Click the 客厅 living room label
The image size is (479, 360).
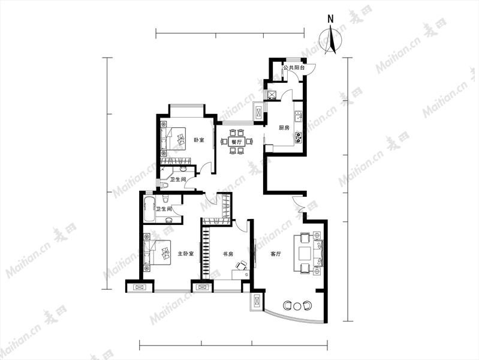tap(276, 254)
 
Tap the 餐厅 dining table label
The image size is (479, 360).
tap(236, 142)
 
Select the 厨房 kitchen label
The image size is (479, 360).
tap(284, 128)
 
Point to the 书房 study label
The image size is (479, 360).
tap(228, 254)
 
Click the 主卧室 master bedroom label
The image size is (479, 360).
tap(186, 254)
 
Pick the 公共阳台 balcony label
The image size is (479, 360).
tap(294, 68)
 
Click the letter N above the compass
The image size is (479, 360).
tap(330, 19)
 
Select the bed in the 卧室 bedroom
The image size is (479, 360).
tap(173, 139)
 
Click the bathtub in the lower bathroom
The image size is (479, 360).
tap(149, 210)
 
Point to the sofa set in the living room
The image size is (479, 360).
tap(308, 253)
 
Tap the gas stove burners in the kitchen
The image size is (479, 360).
tap(299, 137)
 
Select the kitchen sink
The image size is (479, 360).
tap(299, 116)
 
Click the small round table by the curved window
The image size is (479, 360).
tap(297, 305)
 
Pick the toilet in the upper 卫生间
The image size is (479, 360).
tap(165, 184)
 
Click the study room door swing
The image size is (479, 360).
tap(241, 226)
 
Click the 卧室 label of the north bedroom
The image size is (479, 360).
tap(199, 140)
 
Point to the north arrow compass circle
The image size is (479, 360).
tap(330, 39)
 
